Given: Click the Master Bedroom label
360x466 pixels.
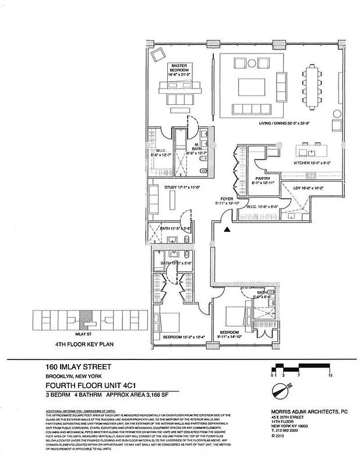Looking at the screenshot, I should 178,68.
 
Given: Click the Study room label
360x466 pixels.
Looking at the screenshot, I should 178,188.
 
